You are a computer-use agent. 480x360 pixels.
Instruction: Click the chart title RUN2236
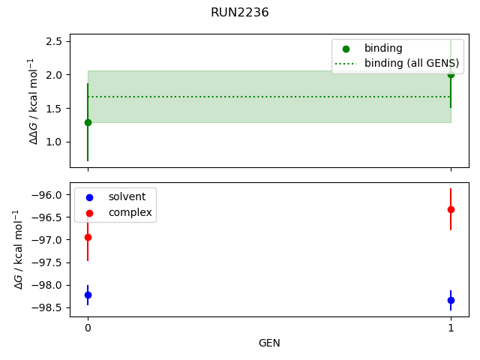pos(240,13)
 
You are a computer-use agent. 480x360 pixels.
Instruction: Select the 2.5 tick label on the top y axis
pos(52,41)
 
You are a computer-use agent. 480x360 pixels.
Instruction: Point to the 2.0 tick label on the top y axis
pos(52,75)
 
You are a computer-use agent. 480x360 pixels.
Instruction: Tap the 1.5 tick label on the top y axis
pos(52,109)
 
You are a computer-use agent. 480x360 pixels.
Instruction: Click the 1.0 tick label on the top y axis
pos(52,142)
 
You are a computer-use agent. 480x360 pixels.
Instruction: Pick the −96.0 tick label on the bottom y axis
pos(47,195)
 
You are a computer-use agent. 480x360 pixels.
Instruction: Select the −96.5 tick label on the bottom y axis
pos(47,217)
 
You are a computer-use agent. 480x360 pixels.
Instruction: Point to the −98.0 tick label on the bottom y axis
pos(47,285)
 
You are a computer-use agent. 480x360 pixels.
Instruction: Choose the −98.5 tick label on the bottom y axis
pos(47,307)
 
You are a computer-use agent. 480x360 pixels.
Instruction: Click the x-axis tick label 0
pos(88,328)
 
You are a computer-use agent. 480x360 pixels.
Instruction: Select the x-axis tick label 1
pos(451,328)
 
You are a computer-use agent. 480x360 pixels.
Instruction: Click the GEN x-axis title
pos(269,343)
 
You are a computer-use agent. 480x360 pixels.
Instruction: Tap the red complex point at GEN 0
pos(88,237)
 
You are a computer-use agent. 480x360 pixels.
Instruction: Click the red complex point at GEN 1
pos(451,209)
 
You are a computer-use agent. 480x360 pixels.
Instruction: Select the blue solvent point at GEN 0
pos(88,295)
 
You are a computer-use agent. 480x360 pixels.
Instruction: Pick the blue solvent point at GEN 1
pos(451,300)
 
